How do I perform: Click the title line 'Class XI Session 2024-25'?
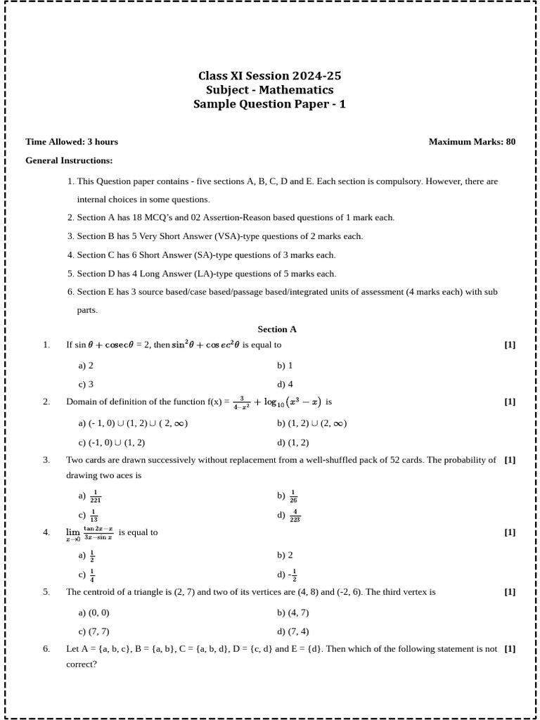click(x=270, y=76)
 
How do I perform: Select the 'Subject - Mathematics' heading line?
click(x=270, y=90)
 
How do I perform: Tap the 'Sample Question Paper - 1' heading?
click(x=270, y=104)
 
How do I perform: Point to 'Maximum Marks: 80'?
click(x=472, y=141)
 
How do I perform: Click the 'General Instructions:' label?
click(x=69, y=160)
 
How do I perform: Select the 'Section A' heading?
click(x=277, y=328)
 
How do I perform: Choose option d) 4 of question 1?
click(x=285, y=384)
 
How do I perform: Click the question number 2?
click(x=46, y=401)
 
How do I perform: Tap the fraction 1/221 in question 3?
click(x=96, y=496)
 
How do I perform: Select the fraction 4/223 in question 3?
click(x=295, y=515)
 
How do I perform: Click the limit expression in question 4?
click(x=89, y=533)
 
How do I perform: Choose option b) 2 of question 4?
click(x=285, y=555)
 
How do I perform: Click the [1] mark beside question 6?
click(x=510, y=648)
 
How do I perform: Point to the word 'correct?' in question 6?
click(x=82, y=664)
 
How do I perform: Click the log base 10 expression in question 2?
click(x=288, y=402)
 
